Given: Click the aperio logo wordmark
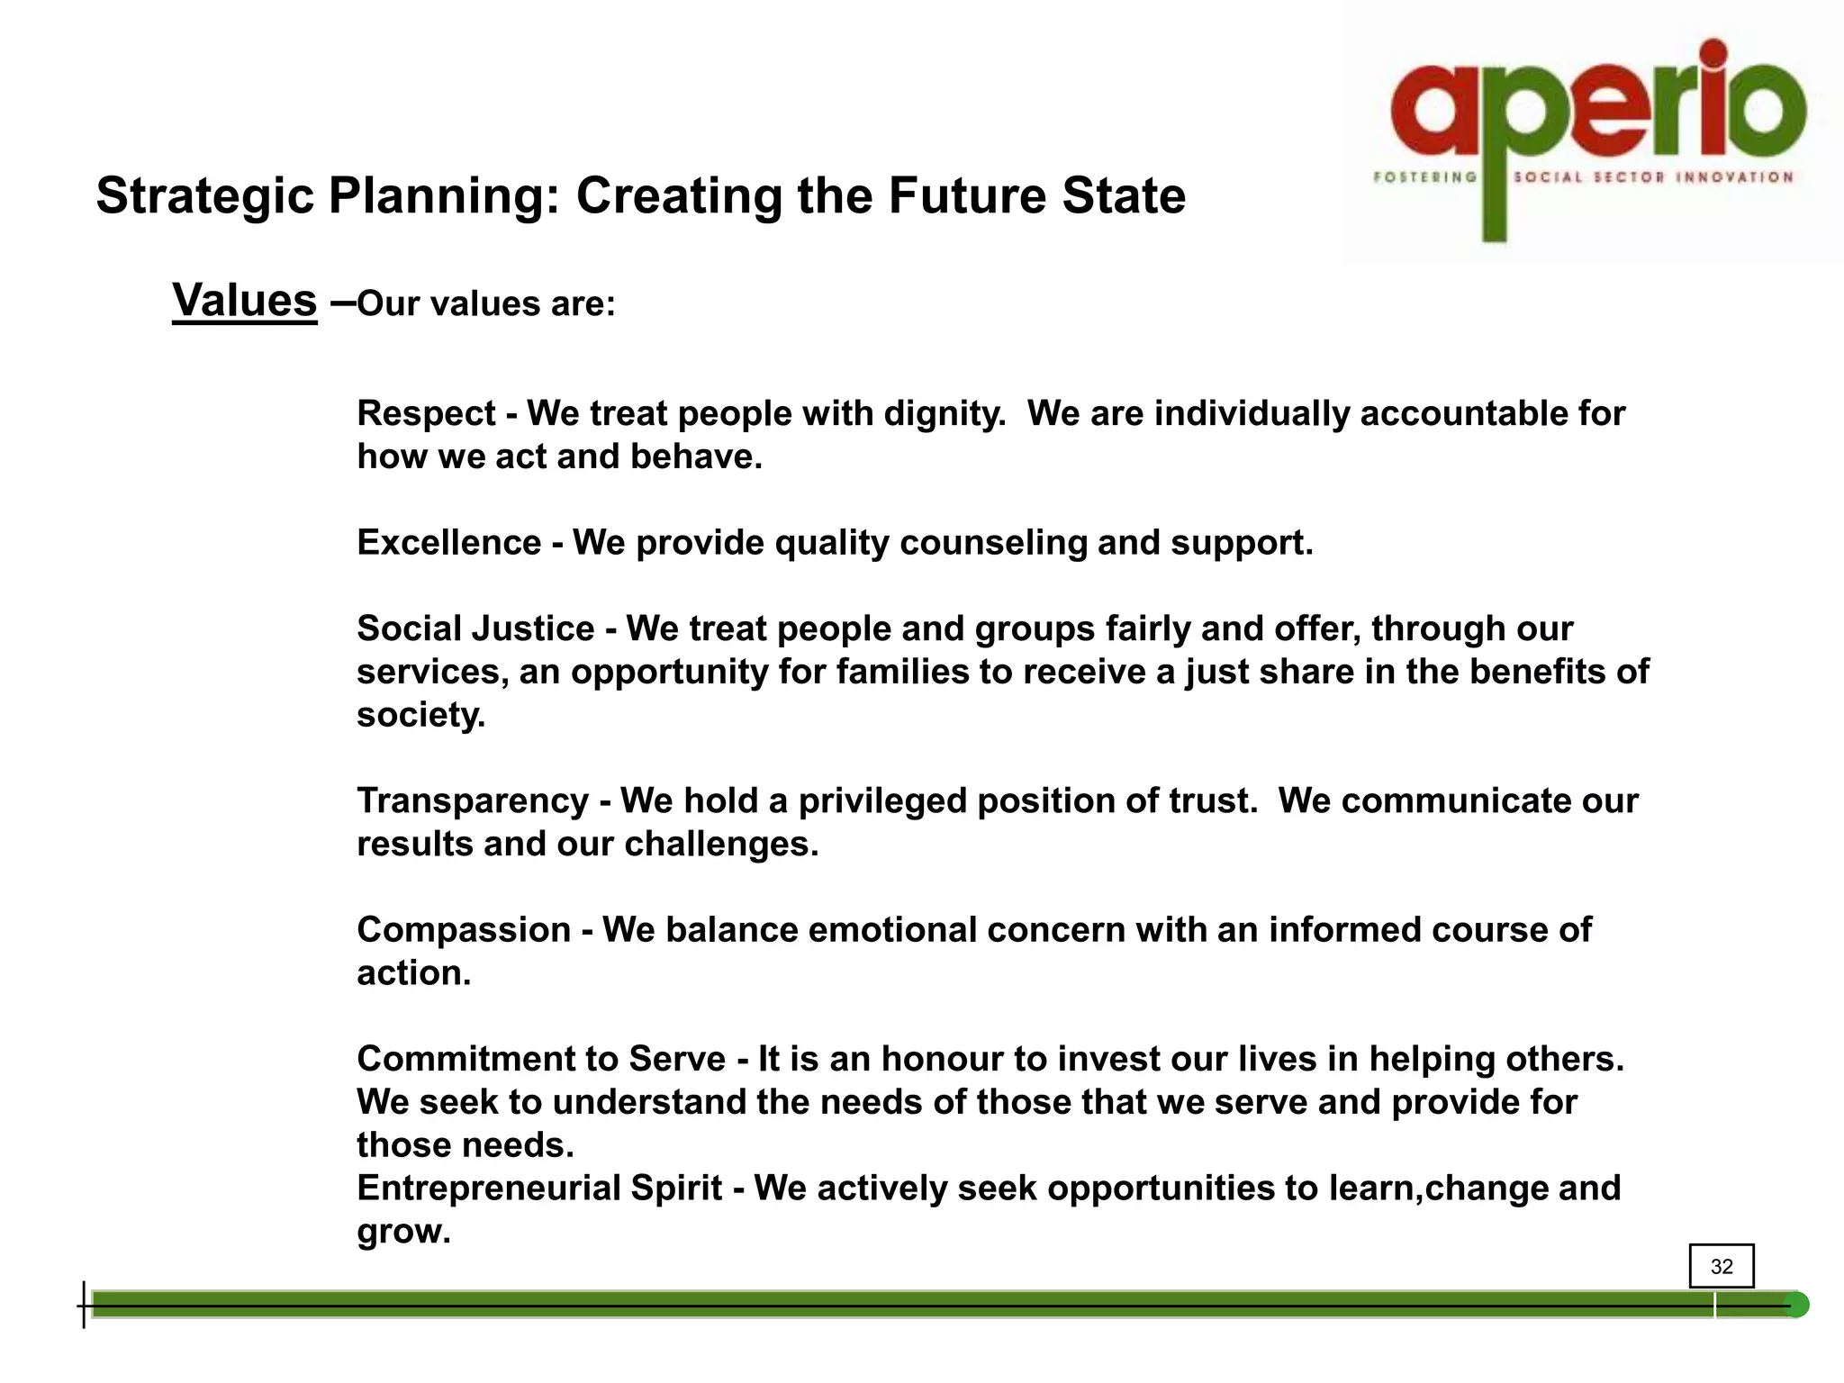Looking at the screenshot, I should pos(1597,108).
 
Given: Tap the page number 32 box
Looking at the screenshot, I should pos(1721,1266).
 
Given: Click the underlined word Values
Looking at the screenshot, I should pos(244,300).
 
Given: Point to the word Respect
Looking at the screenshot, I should pos(426,413).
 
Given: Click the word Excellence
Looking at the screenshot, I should pos(448,542).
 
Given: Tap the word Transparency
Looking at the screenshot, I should pos(473,800).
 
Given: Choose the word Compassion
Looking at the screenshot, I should pos(464,929).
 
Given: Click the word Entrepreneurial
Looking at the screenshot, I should pos(490,1188).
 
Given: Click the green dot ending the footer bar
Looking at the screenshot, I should pos(1795,1305).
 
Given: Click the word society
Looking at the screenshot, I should pos(420,715).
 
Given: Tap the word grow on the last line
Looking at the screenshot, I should pos(402,1231).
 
